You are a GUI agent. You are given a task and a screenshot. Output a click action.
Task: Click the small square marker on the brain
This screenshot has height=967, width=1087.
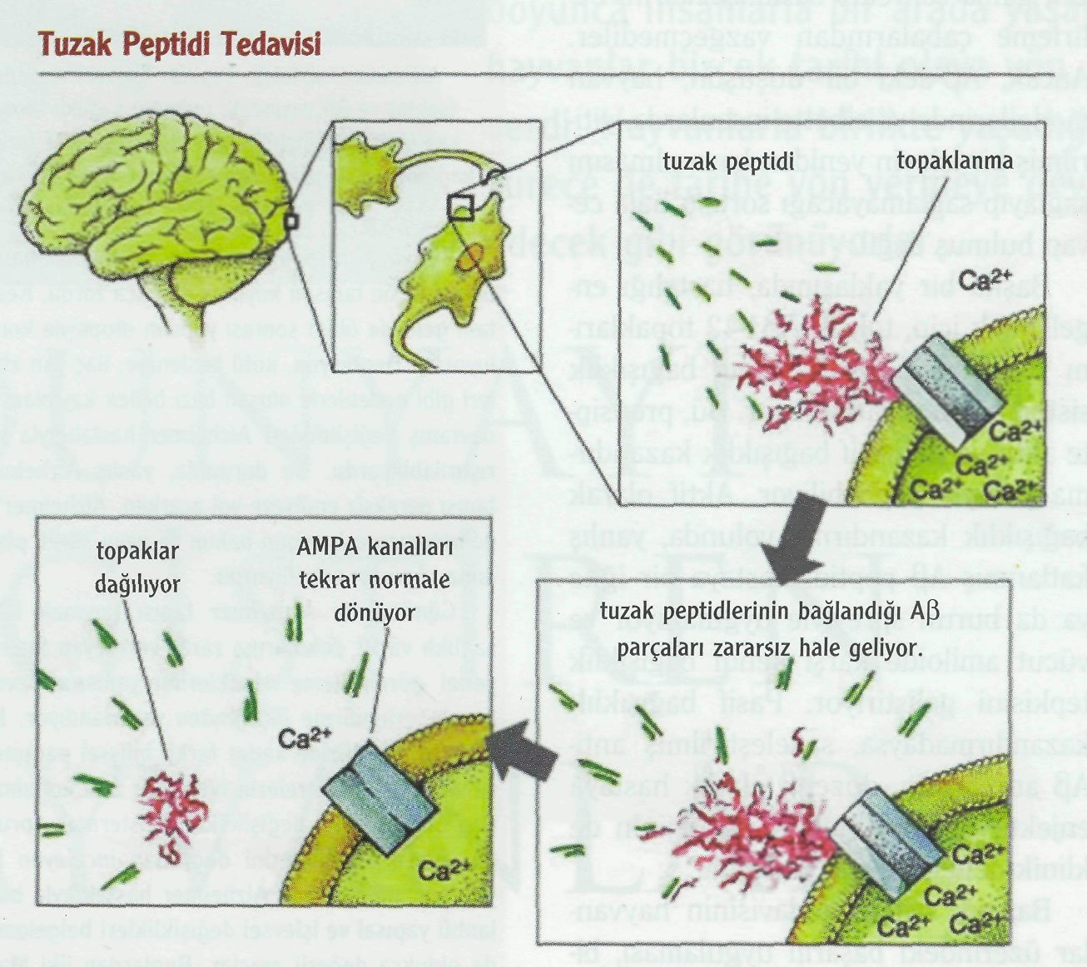pyautogui.click(x=290, y=221)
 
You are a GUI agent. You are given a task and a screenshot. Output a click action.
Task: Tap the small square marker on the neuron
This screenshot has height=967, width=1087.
pyautogui.click(x=460, y=207)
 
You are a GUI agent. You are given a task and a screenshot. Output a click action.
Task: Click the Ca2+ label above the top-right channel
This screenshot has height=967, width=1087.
pyautogui.click(x=986, y=280)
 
